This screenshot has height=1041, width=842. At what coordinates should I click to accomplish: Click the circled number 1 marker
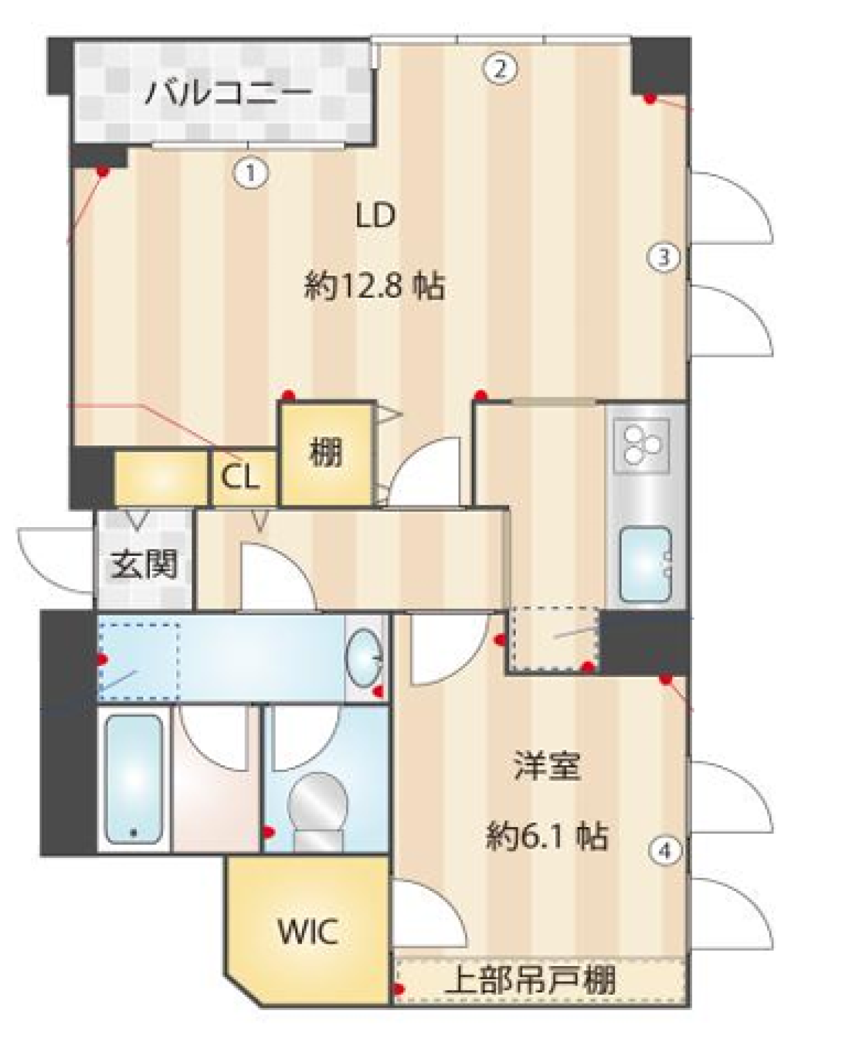(x=251, y=174)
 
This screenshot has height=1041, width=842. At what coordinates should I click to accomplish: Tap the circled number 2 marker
(x=499, y=68)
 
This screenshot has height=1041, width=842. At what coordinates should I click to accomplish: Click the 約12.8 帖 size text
(x=374, y=286)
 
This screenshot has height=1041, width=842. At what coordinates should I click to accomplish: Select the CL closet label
(x=239, y=478)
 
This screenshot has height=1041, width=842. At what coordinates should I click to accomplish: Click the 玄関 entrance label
(x=144, y=564)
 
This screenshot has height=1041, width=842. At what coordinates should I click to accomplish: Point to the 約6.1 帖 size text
(x=546, y=836)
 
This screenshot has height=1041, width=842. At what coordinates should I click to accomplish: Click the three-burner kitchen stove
(x=641, y=445)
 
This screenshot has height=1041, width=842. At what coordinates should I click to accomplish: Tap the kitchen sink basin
(x=645, y=564)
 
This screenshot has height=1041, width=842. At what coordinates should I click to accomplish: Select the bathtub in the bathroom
(x=134, y=778)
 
